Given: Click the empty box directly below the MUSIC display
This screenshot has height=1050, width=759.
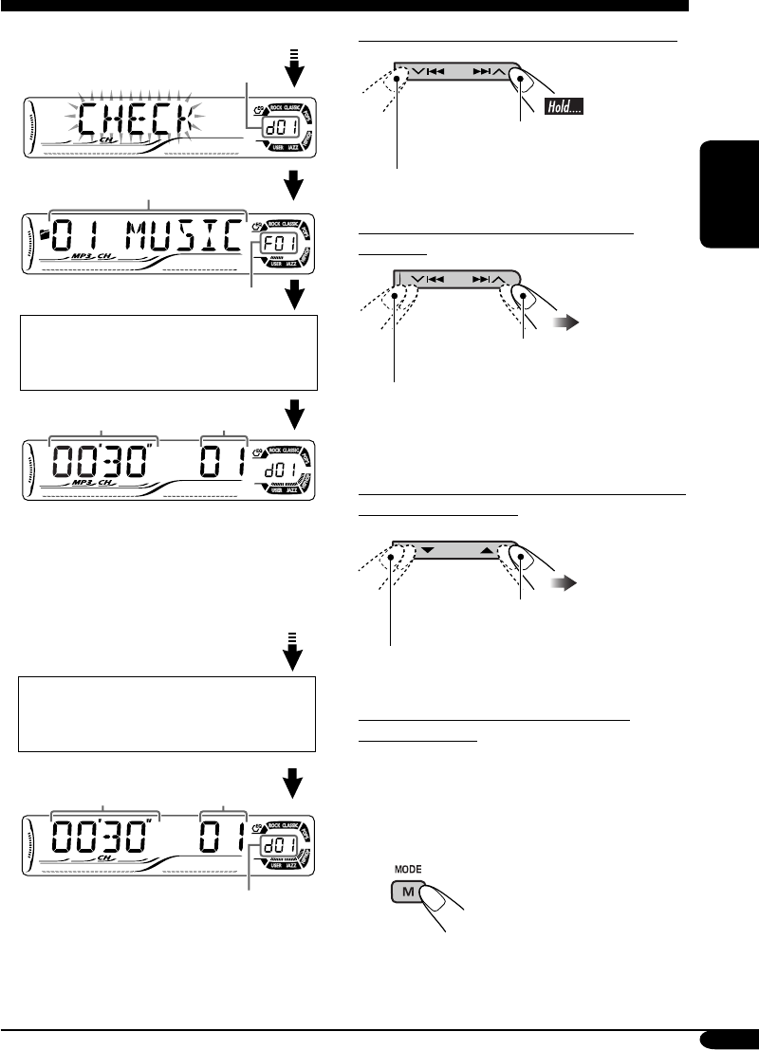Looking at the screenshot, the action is click(168, 352).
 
